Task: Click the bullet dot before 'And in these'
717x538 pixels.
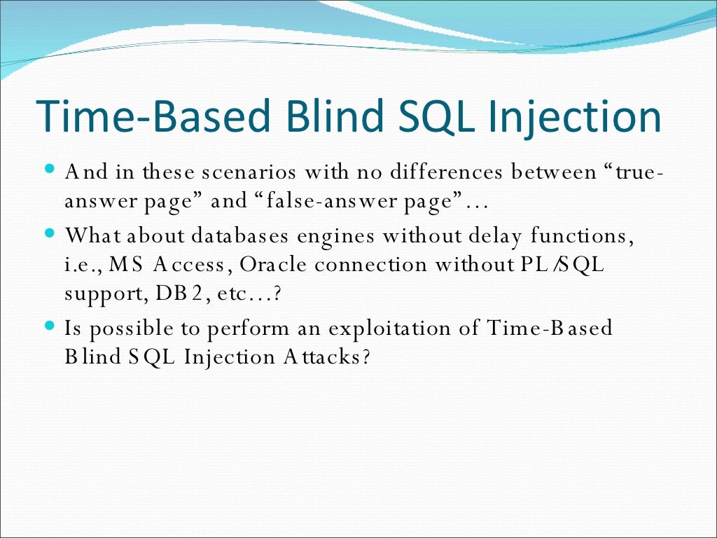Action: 49,170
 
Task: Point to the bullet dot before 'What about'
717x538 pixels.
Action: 49,231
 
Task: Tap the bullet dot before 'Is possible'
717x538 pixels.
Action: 49,325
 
